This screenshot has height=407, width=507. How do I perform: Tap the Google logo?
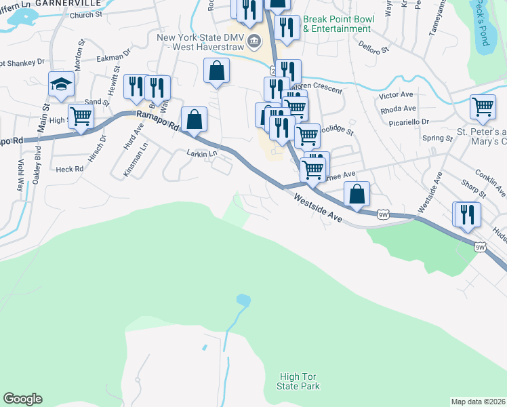click(x=22, y=399)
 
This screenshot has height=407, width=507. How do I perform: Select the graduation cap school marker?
click(x=61, y=85)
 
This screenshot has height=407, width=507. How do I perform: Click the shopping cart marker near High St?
click(x=81, y=117)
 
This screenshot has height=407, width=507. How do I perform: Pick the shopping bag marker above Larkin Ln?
click(x=194, y=119)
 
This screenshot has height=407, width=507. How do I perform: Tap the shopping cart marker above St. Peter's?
click(x=482, y=107)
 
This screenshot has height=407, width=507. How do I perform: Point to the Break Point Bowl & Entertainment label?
click(x=337, y=24)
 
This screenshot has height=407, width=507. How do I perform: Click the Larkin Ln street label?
click(x=201, y=154)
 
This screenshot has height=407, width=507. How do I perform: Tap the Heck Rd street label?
click(x=70, y=168)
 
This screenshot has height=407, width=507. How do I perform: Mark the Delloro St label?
click(x=375, y=50)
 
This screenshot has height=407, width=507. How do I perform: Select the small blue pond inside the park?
click(x=243, y=299)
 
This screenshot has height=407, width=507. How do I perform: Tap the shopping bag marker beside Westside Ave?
click(x=357, y=194)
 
